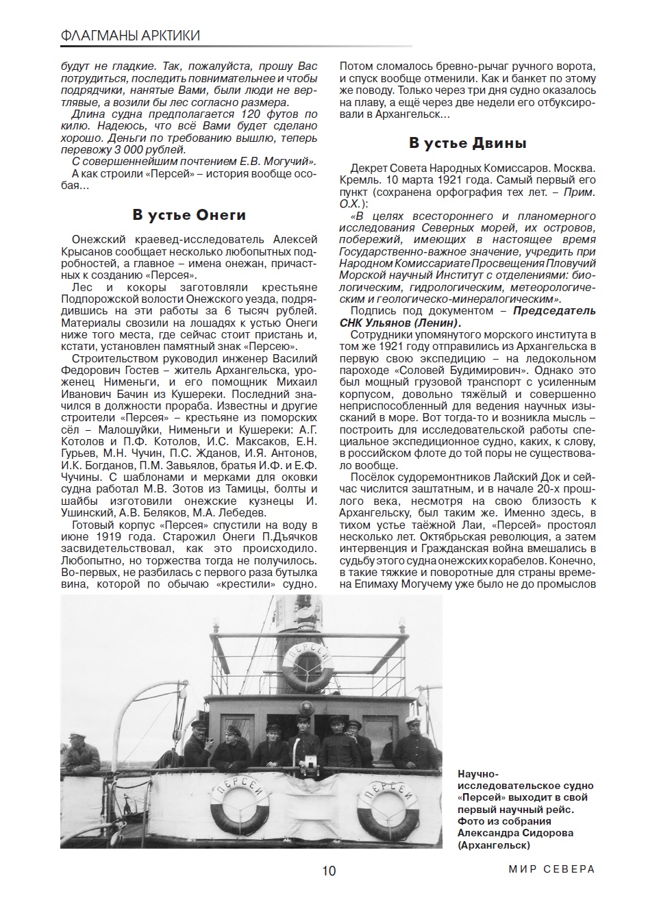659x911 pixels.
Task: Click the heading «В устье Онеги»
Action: pyautogui.click(x=189, y=215)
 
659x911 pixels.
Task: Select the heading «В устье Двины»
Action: pyautogui.click(x=468, y=143)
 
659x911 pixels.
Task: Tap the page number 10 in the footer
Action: pyautogui.click(x=329, y=871)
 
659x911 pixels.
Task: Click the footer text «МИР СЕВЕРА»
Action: pyautogui.click(x=551, y=869)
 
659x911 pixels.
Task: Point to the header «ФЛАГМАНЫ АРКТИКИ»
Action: pyautogui.click(x=130, y=36)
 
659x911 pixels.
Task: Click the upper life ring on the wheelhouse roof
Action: pyautogui.click(x=308, y=667)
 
